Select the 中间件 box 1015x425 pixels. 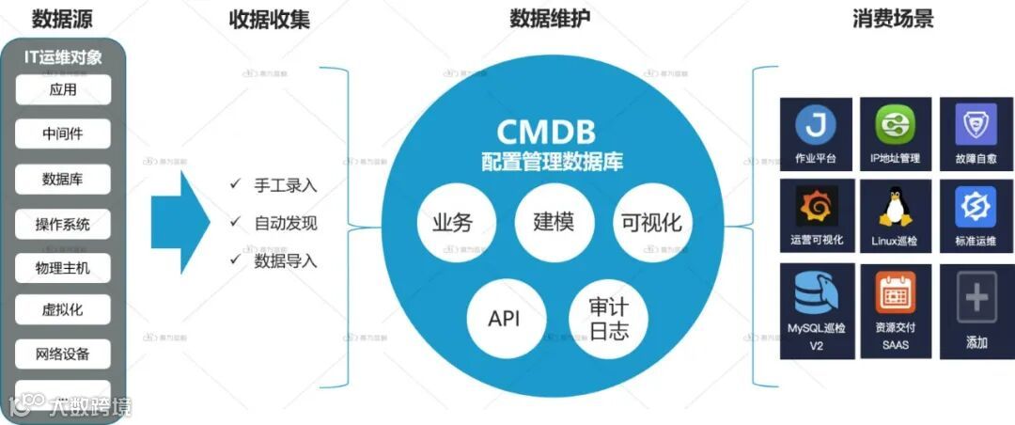point(63,134)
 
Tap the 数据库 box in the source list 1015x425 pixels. point(63,179)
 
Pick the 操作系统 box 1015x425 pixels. point(63,224)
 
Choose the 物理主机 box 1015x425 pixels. point(63,268)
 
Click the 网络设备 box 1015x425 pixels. point(63,354)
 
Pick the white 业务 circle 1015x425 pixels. point(451,224)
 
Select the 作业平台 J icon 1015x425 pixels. point(816,124)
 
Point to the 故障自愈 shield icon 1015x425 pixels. point(976,124)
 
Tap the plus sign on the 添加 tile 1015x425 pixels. point(976,299)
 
